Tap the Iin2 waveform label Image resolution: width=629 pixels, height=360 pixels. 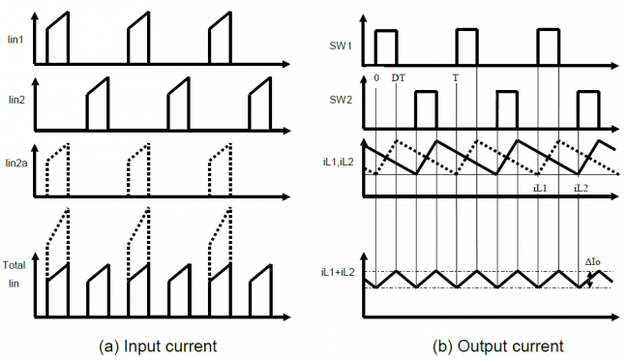(x=15, y=99)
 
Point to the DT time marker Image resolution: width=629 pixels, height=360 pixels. (x=398, y=77)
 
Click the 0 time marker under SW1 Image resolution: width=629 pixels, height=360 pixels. (x=375, y=77)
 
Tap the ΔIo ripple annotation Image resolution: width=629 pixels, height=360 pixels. (x=596, y=261)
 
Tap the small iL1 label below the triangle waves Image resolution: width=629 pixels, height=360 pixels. (x=540, y=186)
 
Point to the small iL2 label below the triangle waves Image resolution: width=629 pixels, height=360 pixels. (x=581, y=186)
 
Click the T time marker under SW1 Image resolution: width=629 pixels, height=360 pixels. (x=455, y=77)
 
